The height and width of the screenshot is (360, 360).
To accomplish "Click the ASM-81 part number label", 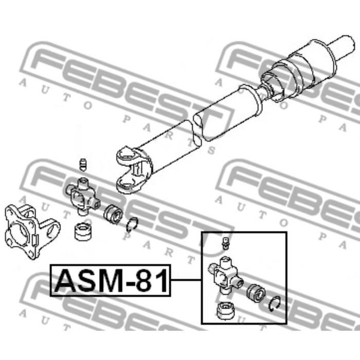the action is (x=110, y=280).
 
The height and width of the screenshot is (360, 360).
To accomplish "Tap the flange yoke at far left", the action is (x=32, y=231).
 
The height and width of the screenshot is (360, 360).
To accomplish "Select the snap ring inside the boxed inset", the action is (x=275, y=304).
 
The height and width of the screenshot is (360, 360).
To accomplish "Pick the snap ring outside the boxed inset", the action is (x=132, y=225).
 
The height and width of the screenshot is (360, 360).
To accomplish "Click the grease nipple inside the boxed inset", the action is (x=225, y=243).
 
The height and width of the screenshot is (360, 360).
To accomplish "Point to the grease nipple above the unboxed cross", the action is (x=83, y=165).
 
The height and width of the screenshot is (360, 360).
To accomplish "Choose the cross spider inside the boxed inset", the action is (x=226, y=276).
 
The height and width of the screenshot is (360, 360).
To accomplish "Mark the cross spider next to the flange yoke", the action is (x=83, y=197).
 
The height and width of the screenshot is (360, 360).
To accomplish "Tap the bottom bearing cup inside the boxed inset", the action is (x=225, y=311).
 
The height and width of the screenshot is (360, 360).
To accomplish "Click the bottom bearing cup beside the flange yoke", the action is (x=83, y=231).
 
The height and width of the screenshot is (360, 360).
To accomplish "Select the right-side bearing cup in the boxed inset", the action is (x=256, y=294).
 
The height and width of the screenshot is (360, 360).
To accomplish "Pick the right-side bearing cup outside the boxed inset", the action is (x=114, y=214).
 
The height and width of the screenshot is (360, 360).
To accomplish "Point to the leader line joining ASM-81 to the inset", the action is (x=186, y=280).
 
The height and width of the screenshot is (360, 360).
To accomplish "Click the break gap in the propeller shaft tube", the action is (x=197, y=130).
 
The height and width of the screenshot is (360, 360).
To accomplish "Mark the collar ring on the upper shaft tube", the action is (x=251, y=99).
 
